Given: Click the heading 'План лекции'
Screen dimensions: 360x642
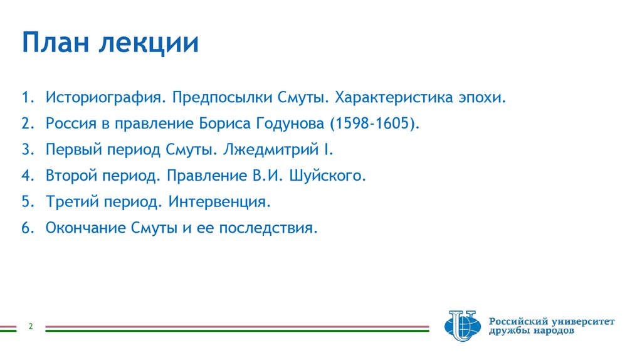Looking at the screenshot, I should (x=110, y=44).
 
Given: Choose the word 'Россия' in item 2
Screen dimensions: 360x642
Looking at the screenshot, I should (x=70, y=124).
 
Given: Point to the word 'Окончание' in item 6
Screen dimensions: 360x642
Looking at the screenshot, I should (x=81, y=228).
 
